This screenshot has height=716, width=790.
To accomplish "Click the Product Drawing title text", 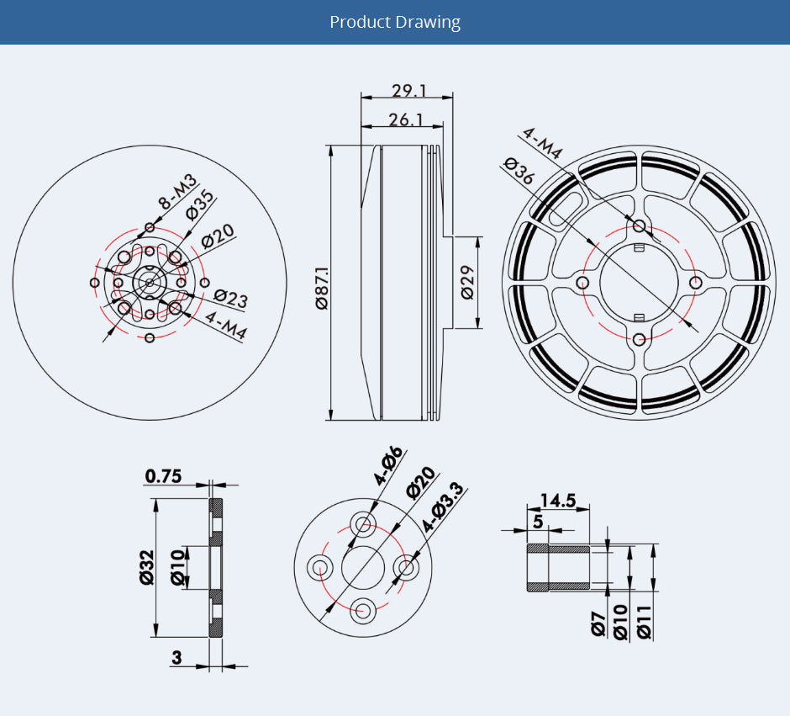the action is click(x=395, y=22).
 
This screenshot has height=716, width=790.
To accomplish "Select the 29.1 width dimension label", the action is click(x=409, y=91).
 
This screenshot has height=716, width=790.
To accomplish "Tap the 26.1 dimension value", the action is click(x=406, y=120).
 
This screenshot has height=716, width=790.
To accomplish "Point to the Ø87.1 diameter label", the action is click(x=322, y=288).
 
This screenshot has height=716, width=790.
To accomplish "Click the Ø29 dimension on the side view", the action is click(x=467, y=283).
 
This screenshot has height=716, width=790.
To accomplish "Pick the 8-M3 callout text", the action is click(x=177, y=192).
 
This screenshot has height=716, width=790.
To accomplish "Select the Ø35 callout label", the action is click(x=200, y=205).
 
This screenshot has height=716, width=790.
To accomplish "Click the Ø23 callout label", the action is click(x=231, y=299).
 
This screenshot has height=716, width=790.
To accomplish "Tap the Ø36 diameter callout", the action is click(x=519, y=171).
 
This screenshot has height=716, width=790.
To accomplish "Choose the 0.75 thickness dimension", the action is click(x=163, y=476).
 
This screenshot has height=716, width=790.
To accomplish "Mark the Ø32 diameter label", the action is click(x=147, y=567).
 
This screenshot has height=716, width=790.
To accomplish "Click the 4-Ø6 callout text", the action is click(x=389, y=465).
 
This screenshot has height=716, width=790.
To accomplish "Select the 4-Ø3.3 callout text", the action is click(x=442, y=507).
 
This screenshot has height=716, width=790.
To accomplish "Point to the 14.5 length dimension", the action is click(x=558, y=501).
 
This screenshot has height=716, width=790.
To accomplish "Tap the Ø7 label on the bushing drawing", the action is click(x=598, y=623).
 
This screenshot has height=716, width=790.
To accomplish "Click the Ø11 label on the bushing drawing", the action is click(x=644, y=623).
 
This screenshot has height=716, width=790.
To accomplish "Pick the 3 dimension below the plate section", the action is click(x=176, y=657).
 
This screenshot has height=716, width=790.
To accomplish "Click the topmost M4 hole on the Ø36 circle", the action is click(x=639, y=225).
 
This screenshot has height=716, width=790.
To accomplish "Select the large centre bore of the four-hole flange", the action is click(x=363, y=568).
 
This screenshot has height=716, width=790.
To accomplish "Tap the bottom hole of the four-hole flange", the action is click(x=363, y=611).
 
